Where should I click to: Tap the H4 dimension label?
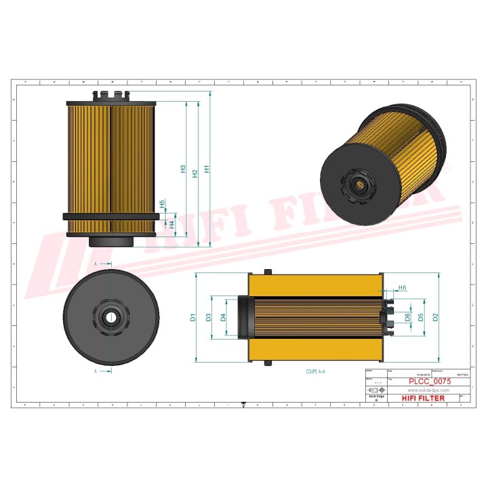click(x=172, y=224)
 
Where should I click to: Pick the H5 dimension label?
click(x=162, y=204)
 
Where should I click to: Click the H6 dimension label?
click(x=402, y=288)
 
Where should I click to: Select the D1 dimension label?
click(x=192, y=317)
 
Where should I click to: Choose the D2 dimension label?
click(x=435, y=317)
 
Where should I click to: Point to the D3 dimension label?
click(x=209, y=317)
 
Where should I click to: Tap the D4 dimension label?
click(x=223, y=317)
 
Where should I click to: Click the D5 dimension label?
click(x=421, y=317)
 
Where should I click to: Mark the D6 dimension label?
click(x=407, y=317)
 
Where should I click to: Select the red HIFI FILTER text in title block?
click(x=423, y=399)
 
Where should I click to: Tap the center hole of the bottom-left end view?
click(x=110, y=317)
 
